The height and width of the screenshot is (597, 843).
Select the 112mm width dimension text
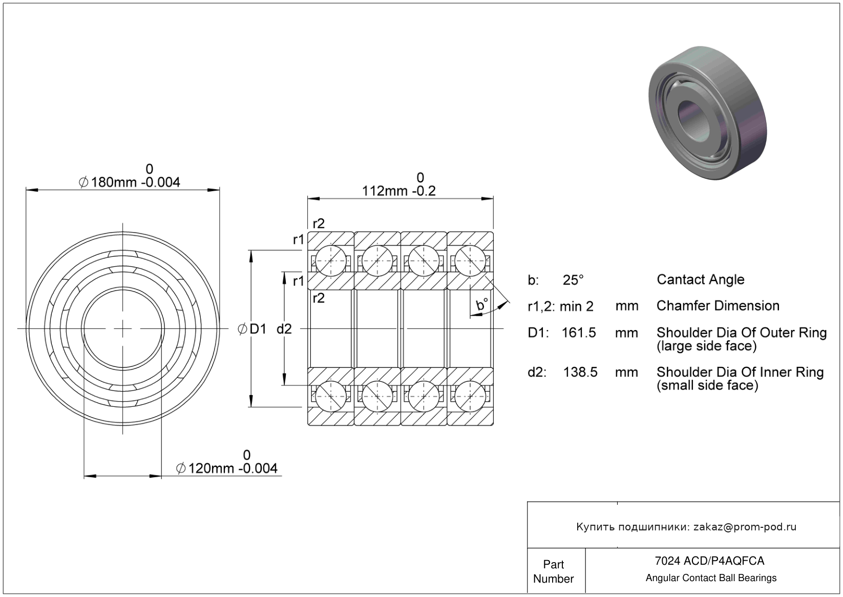(x=398, y=191)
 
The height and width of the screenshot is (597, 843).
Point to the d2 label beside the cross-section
(x=284, y=329)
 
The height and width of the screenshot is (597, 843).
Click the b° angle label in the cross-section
(x=482, y=305)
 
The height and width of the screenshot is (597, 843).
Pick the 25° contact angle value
(x=573, y=280)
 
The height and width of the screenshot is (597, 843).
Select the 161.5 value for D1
(x=579, y=333)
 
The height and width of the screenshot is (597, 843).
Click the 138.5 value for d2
(x=580, y=372)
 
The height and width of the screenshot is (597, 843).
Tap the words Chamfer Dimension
(x=718, y=306)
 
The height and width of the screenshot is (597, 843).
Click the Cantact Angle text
(x=700, y=280)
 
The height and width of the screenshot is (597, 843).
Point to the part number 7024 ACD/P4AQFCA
(x=709, y=561)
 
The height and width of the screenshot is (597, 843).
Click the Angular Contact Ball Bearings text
(x=711, y=578)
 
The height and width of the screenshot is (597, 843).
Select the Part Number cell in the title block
(x=554, y=571)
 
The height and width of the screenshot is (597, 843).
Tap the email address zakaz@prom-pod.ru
(x=745, y=527)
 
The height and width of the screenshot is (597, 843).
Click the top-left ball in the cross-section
(x=330, y=260)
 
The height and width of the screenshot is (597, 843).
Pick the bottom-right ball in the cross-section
(x=470, y=396)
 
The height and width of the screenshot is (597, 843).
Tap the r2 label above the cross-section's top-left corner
(x=319, y=223)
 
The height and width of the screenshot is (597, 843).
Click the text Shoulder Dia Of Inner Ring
(x=740, y=372)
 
